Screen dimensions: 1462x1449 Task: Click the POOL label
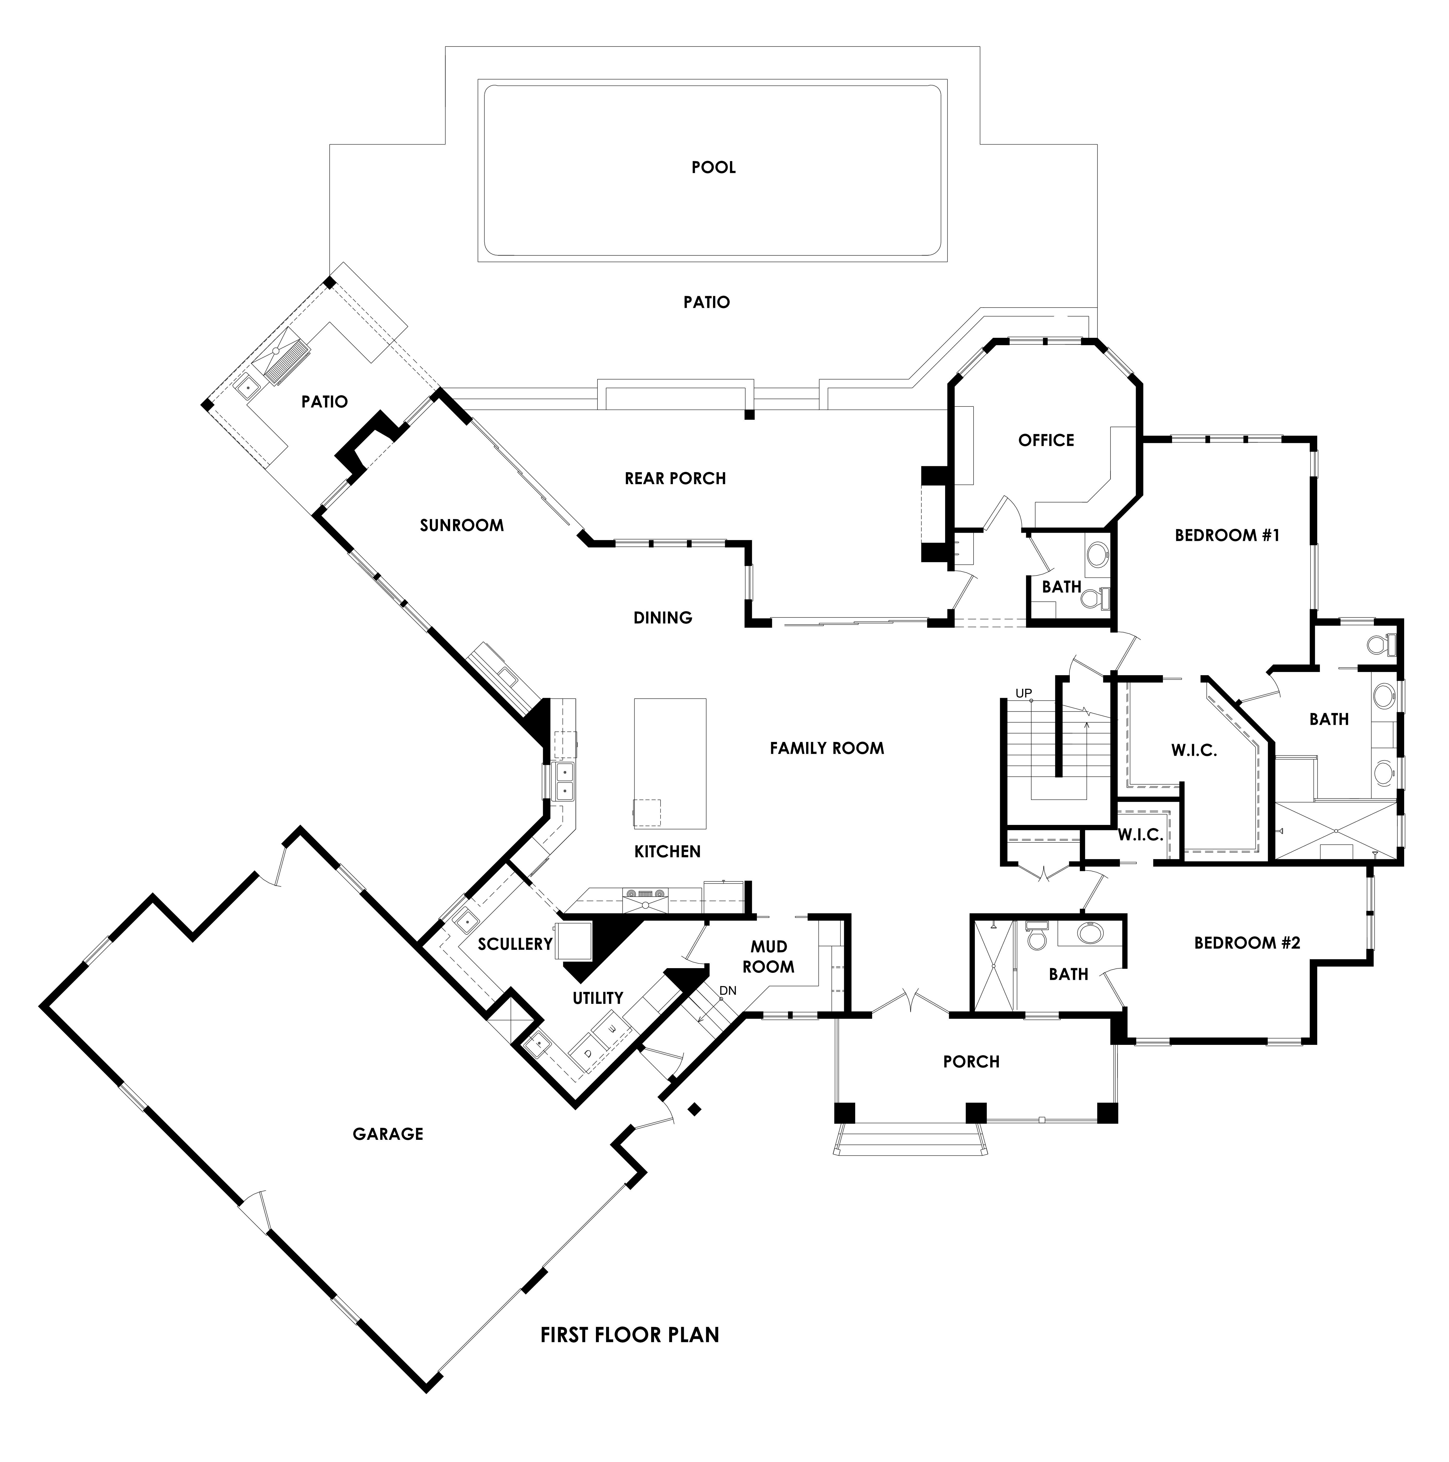click(714, 167)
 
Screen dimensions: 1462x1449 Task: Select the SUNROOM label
click(462, 525)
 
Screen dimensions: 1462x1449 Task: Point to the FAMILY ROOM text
click(826, 748)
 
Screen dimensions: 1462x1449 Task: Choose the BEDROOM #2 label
click(1247, 943)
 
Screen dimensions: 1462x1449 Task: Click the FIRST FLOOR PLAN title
click(630, 1335)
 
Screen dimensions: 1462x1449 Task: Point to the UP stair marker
click(1023, 693)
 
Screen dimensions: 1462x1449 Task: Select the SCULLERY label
click(515, 944)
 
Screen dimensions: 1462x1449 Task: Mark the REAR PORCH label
click(675, 478)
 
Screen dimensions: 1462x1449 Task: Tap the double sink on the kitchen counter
click(564, 782)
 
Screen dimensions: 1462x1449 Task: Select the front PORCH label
click(971, 1062)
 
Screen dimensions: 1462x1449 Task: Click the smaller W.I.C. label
click(1140, 835)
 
